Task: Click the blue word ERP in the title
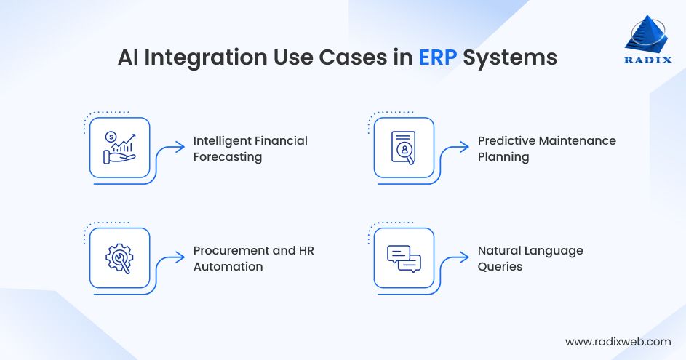click(438, 58)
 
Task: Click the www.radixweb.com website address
click(618, 341)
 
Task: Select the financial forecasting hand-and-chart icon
click(119, 147)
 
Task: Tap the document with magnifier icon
click(404, 148)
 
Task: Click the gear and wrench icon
click(119, 257)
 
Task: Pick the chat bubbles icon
click(404, 257)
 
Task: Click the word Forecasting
click(227, 157)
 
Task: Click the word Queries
click(500, 266)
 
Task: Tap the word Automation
click(228, 266)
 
